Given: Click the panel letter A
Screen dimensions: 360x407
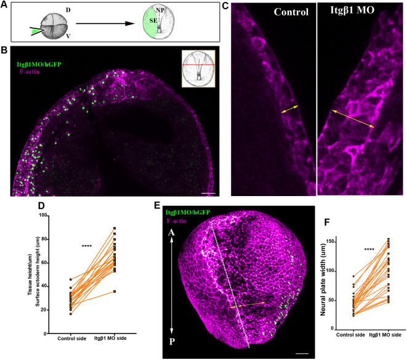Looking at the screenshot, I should [x=5, y=6].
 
